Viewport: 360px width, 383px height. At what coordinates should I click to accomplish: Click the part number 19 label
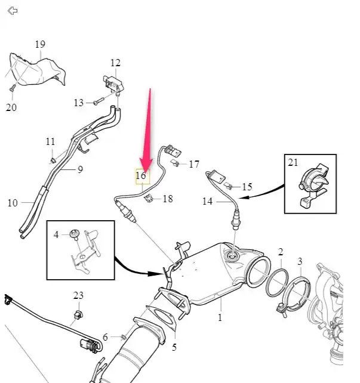pos(40,45)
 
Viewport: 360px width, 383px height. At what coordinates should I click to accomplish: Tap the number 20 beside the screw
pos(11,107)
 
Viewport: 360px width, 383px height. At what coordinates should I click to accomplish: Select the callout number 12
pos(115,63)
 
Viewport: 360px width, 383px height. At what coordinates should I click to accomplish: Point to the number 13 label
pos(79,103)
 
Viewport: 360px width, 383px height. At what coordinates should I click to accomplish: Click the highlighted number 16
pos(141,176)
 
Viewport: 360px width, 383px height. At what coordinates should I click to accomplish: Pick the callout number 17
pos(194,164)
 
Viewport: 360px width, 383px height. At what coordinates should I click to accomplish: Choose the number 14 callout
pos(207,202)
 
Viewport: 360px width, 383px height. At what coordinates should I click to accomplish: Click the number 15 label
pos(247,187)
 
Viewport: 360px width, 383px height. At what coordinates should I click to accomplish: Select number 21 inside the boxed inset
pos(293,163)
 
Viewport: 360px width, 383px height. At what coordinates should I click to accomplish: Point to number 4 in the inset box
pos(56,235)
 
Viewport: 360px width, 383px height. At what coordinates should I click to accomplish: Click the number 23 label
pos(79,295)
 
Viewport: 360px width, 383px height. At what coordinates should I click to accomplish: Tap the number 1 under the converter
pos(220,317)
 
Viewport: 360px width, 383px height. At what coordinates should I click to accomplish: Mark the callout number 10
pos(13,203)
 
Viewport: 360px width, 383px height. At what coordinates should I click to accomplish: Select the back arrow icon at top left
pos(13,11)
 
